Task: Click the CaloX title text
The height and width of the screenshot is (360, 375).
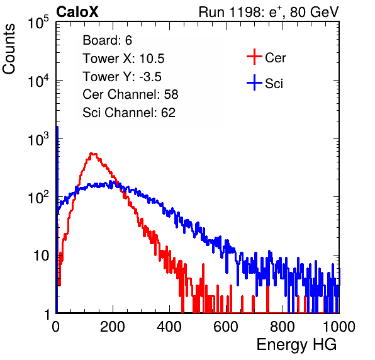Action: click(77, 12)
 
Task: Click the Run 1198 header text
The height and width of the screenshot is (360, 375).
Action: click(269, 12)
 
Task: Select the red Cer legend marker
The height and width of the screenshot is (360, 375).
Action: click(254, 57)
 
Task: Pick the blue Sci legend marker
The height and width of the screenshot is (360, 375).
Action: click(254, 82)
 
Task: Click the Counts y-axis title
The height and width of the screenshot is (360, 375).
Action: click(9, 49)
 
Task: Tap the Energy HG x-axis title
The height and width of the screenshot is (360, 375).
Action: click(296, 345)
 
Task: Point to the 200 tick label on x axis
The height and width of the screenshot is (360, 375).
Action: click(113, 327)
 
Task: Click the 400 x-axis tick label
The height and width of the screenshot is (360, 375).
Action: click(169, 327)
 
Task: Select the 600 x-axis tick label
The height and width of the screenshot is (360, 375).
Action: click(226, 327)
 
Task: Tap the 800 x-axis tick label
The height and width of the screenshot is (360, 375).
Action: click(283, 327)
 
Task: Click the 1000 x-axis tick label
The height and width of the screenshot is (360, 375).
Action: click(339, 327)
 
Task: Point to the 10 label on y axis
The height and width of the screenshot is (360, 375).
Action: click(42, 256)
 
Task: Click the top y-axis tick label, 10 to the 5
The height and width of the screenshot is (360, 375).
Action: click(38, 22)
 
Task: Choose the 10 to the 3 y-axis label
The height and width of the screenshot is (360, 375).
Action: click(38, 139)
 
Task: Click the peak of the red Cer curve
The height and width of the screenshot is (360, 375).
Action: click(92, 154)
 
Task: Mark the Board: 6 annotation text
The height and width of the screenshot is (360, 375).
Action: click(107, 40)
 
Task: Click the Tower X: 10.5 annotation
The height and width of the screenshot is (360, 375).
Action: click(123, 59)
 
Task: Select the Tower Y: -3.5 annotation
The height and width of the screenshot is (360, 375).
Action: click(122, 77)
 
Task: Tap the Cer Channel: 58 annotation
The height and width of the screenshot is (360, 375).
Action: click(130, 94)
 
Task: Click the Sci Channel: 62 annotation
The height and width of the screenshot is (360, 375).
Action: click(129, 113)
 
